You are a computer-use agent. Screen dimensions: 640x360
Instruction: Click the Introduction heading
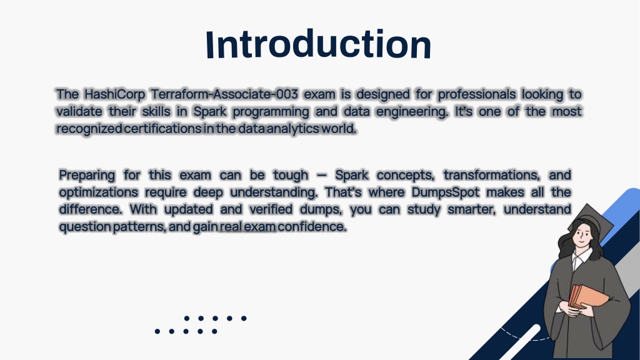tap(318, 44)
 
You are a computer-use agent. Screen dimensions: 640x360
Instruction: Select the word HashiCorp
tap(115, 95)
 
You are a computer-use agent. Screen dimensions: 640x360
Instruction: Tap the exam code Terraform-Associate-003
tap(224, 94)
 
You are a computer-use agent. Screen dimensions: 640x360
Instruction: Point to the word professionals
tap(477, 95)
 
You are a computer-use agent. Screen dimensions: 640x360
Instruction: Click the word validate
tap(79, 111)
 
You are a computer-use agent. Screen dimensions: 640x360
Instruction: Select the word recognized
tap(89, 129)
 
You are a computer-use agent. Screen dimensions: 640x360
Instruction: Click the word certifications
tap(162, 129)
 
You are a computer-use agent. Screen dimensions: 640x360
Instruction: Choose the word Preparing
tap(87, 176)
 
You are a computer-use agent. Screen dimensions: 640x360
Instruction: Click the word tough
tap(291, 176)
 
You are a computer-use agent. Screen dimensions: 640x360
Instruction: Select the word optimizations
tap(98, 192)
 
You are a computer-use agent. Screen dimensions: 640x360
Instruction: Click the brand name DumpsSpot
tap(445, 192)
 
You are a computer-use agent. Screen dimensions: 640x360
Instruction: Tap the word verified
tap(271, 209)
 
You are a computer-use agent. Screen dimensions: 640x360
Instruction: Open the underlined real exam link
tap(247, 226)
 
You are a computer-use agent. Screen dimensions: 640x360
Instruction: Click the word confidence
tap(312, 226)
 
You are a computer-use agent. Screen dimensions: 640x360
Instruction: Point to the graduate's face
tap(582, 235)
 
